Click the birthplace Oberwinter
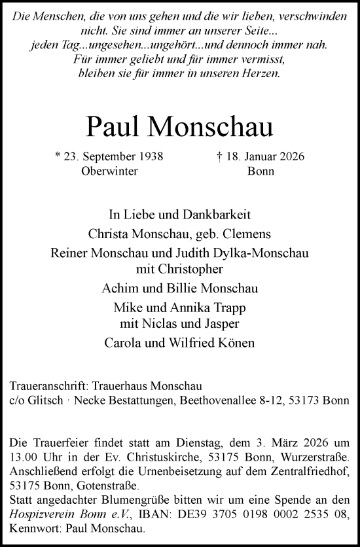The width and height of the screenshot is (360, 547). [109, 171]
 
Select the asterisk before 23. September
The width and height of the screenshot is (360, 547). [58, 157]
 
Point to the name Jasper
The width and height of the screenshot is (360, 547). [225, 322]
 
